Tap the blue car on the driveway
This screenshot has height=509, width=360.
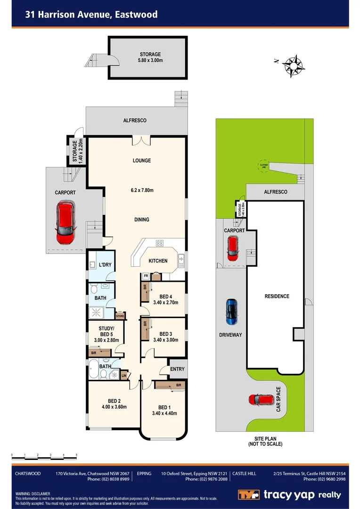pos(231,312)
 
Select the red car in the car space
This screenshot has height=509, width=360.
pos(261,400)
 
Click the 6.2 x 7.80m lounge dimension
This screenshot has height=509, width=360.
pos(142,190)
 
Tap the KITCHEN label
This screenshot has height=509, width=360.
pos(158,261)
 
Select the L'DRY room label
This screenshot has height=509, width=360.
pos(105,264)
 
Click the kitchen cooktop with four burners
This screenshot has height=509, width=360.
pos(159,244)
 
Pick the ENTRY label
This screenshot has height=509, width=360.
pos(177,369)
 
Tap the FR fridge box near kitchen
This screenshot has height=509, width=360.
pos(146,275)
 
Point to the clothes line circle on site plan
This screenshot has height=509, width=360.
pos(263,165)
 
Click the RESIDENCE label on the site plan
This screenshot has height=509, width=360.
pos(277,296)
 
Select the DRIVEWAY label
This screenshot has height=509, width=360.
pos(230,335)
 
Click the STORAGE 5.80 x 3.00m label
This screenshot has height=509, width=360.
pos(150,57)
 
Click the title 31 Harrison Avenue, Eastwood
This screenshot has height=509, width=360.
pos(91,15)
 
